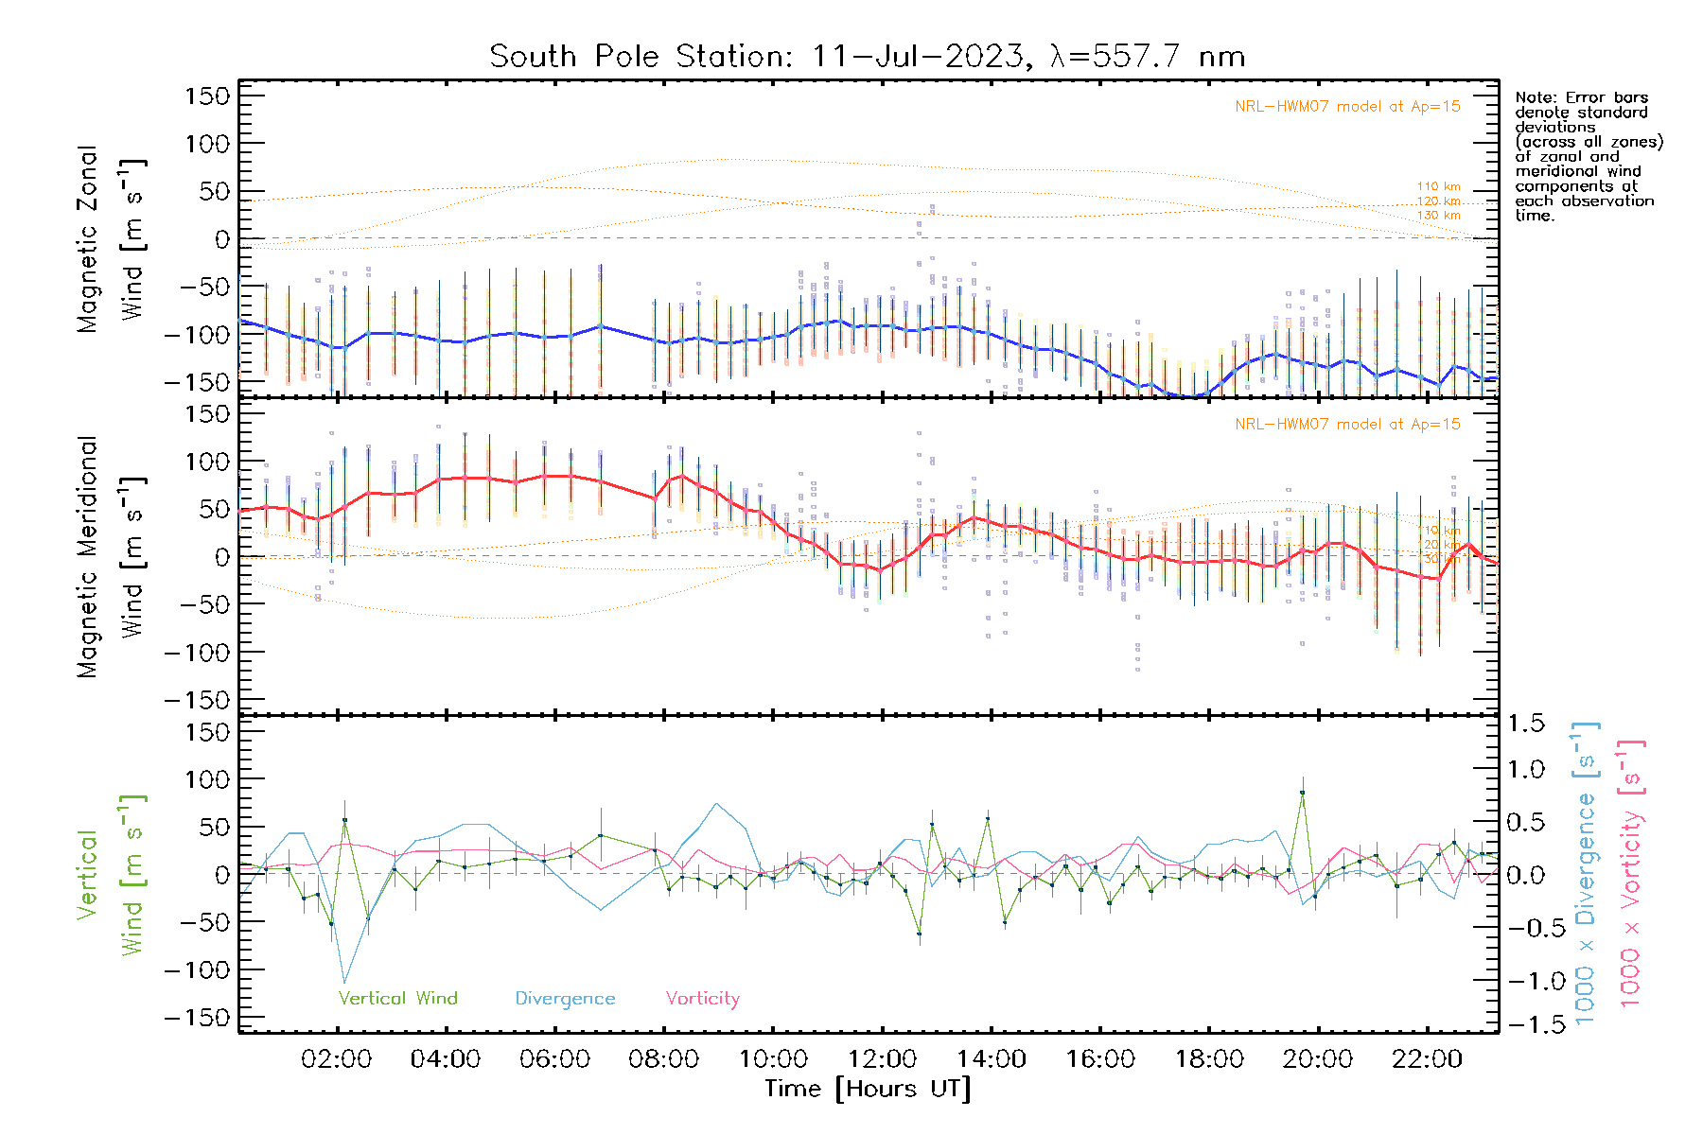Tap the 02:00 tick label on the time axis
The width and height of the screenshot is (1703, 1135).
click(336, 1059)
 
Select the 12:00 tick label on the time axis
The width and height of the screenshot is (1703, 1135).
click(882, 1059)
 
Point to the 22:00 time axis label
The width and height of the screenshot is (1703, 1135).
click(1427, 1059)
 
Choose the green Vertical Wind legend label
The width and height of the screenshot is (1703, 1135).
click(397, 999)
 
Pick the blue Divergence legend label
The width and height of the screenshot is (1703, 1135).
click(565, 999)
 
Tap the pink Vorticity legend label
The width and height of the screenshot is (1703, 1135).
click(702, 999)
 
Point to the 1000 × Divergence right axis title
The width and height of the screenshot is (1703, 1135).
click(1586, 873)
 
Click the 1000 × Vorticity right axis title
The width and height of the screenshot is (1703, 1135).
click(1631, 873)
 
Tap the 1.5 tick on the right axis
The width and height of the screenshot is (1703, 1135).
click(1525, 724)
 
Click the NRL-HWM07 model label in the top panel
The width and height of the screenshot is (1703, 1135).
click(1347, 107)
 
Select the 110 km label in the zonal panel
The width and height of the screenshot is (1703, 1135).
click(1438, 187)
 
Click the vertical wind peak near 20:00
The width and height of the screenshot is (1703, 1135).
click(1303, 793)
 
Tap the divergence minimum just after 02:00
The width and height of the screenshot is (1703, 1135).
click(344, 983)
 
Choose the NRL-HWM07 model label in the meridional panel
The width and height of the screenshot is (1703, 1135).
click(1347, 425)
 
